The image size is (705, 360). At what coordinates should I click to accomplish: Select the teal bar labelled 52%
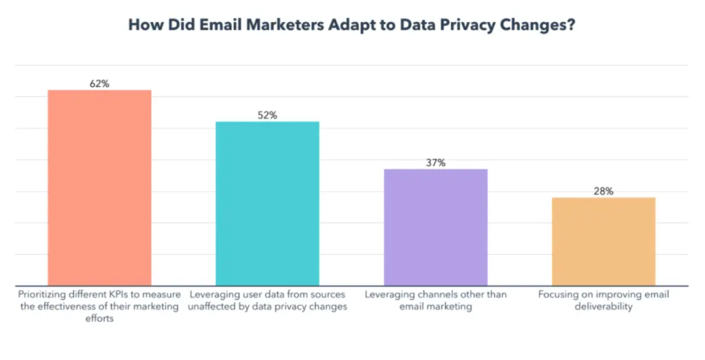click(x=267, y=203)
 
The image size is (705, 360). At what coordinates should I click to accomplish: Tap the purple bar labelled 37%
click(x=435, y=227)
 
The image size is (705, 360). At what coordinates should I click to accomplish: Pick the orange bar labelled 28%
click(x=603, y=241)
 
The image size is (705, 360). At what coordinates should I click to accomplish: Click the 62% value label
click(x=99, y=84)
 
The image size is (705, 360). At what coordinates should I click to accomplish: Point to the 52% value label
click(x=267, y=116)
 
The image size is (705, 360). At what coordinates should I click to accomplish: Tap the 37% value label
click(x=435, y=163)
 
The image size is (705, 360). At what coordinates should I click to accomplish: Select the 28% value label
click(x=603, y=191)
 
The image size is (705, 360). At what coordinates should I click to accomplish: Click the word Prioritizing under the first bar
click(x=45, y=295)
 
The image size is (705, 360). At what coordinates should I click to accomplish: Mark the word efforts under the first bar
click(x=99, y=318)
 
